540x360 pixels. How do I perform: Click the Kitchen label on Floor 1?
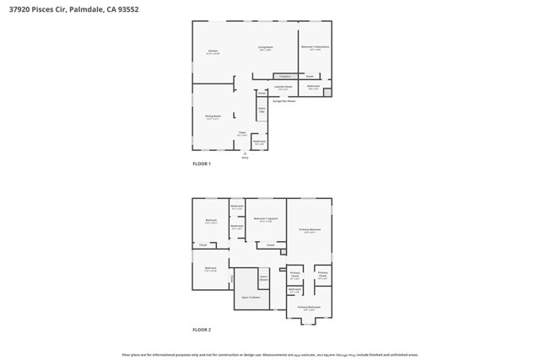pyautogui.click(x=213, y=51)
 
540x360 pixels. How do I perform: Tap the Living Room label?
pyautogui.click(x=265, y=48)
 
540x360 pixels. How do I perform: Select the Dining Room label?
pyautogui.click(x=213, y=117)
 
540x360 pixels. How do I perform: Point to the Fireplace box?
pyautogui.click(x=283, y=76)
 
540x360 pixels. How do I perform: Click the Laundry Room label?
pyautogui.click(x=283, y=87)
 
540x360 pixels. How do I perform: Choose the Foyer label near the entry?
pyautogui.click(x=241, y=133)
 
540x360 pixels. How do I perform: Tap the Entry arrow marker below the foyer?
pyautogui.click(x=246, y=153)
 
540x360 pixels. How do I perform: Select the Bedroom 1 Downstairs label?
pyautogui.click(x=315, y=47)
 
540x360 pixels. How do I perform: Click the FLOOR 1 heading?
pyautogui.click(x=202, y=164)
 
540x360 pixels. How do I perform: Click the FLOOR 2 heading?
pyautogui.click(x=202, y=330)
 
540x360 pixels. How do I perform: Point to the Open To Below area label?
pyautogui.click(x=250, y=298)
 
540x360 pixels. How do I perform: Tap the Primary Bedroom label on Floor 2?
pyautogui.click(x=309, y=230)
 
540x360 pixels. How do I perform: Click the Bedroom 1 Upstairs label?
pyautogui.click(x=265, y=219)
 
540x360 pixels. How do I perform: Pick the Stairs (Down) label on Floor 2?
pyautogui.click(x=263, y=277)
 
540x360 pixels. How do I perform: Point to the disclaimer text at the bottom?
pyautogui.click(x=270, y=355)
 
